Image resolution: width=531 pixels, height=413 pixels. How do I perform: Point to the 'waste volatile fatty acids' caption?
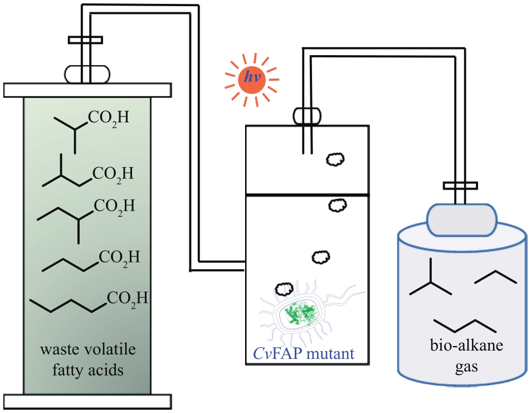click(x=87, y=359)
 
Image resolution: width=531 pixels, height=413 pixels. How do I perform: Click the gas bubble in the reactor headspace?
click(x=335, y=159)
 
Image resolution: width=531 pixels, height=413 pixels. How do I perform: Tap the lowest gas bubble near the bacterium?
click(x=285, y=289)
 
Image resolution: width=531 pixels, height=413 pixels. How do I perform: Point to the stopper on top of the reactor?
click(x=306, y=115)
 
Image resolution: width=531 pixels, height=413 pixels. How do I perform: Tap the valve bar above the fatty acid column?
click(x=85, y=40)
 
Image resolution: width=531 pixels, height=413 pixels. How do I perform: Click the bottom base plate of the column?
click(x=86, y=401)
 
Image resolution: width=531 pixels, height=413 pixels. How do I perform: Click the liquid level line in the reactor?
click(x=307, y=195)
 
